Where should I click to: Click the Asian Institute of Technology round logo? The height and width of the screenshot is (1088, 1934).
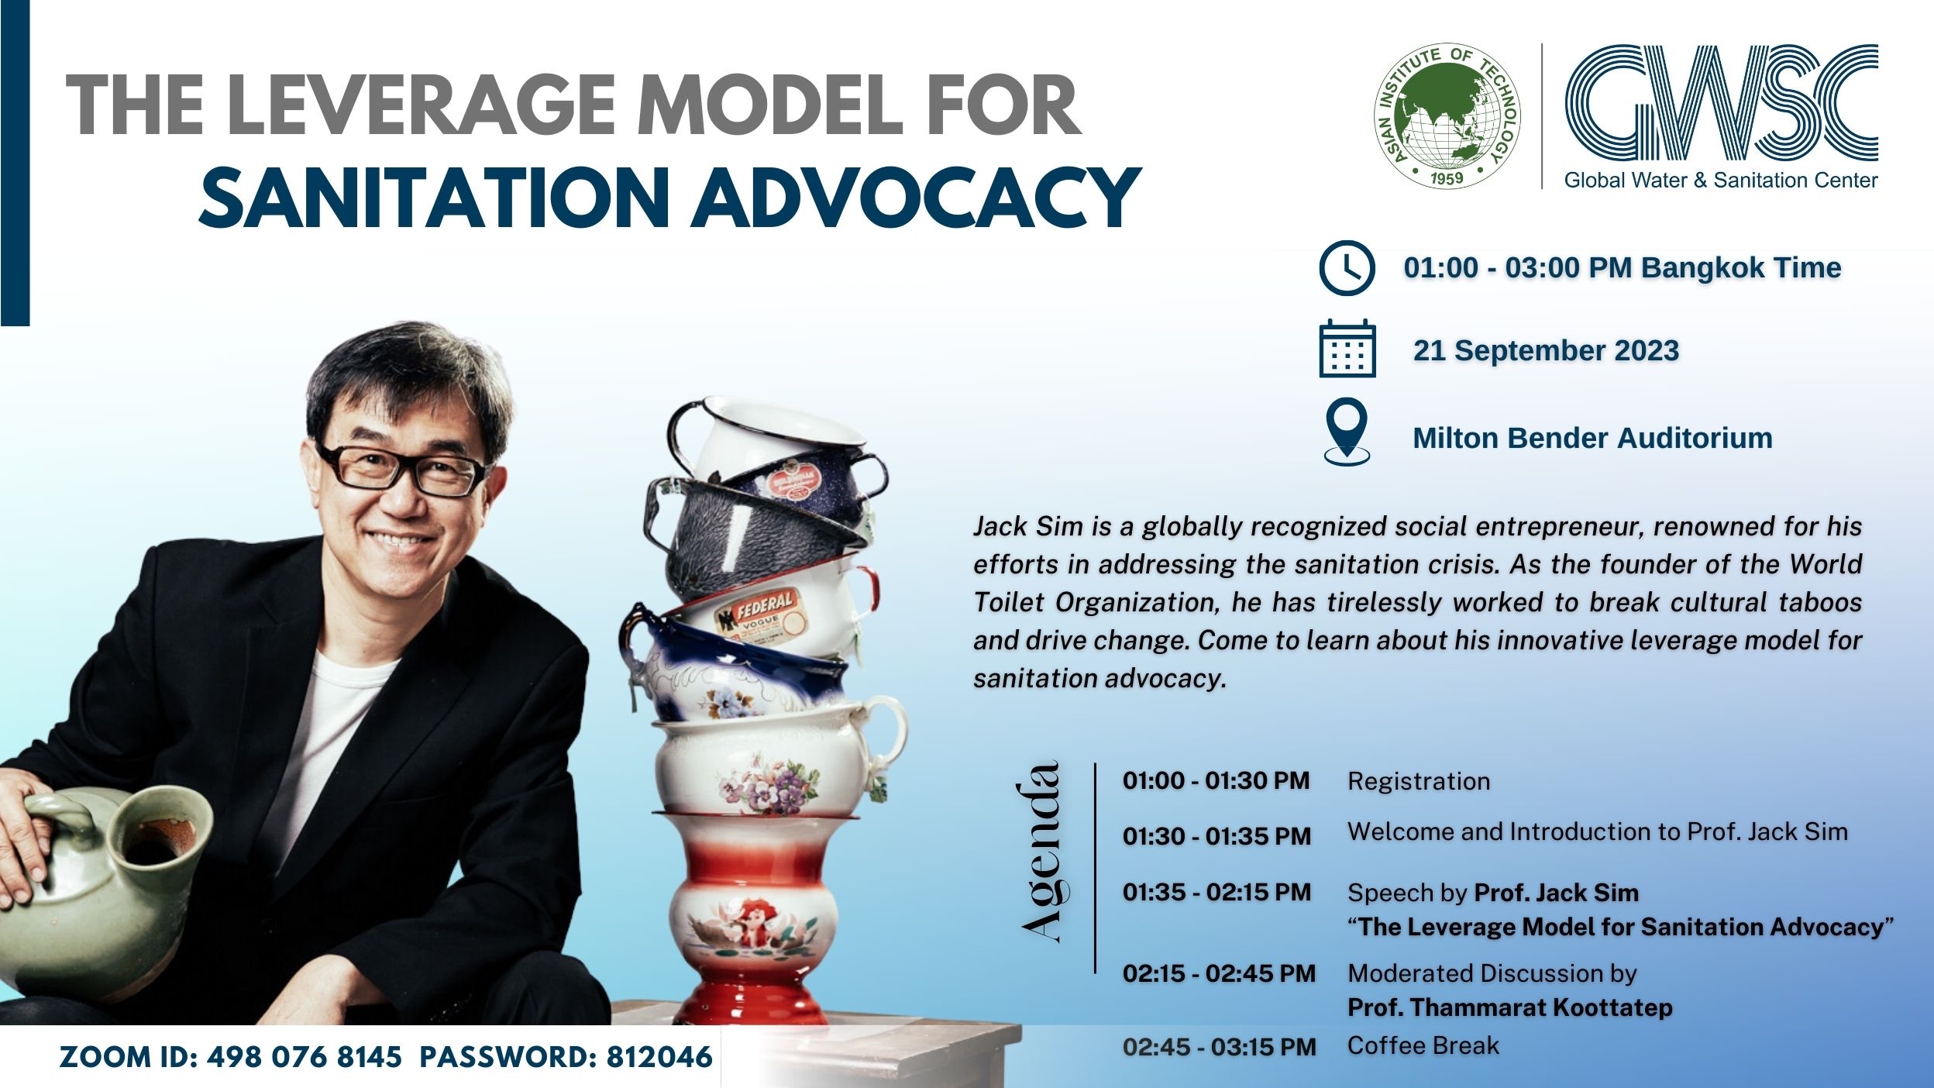tap(1446, 116)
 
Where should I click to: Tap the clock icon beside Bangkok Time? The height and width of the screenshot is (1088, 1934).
tap(1347, 268)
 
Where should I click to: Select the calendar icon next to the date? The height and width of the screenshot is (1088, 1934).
tap(1347, 349)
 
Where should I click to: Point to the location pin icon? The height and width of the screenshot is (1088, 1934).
tap(1347, 431)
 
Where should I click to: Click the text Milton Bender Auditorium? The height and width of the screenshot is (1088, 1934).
tap(1592, 438)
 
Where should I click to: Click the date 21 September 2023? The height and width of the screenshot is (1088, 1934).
tap(1546, 350)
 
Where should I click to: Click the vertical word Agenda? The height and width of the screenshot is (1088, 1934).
tap(1040, 852)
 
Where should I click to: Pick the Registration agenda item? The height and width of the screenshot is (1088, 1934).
tap(1418, 781)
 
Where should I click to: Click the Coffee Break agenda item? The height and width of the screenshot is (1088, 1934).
tap(1423, 1045)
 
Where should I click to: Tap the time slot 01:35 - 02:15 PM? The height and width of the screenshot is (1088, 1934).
tap(1216, 893)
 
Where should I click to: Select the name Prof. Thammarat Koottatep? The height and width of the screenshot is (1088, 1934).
tap(1509, 1007)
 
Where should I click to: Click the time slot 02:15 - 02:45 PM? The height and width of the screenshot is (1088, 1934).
tap(1219, 973)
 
